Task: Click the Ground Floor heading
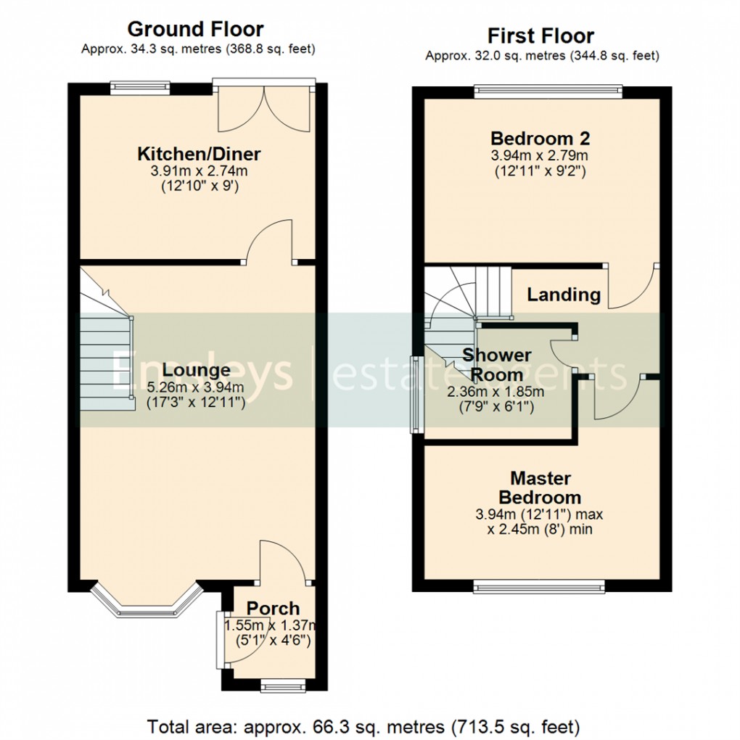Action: [195, 29]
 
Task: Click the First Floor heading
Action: [540, 36]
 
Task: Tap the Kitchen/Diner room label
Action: [199, 154]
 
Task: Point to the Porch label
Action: [272, 608]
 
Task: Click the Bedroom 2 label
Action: [540, 138]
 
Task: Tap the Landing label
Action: [563, 295]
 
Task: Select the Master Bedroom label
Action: [540, 488]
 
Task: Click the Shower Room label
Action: [496, 365]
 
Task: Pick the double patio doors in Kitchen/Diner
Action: [266, 109]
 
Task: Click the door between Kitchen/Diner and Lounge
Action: [270, 247]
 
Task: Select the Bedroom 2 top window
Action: [548, 91]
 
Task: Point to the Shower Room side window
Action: [416, 395]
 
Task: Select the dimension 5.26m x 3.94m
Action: [196, 387]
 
